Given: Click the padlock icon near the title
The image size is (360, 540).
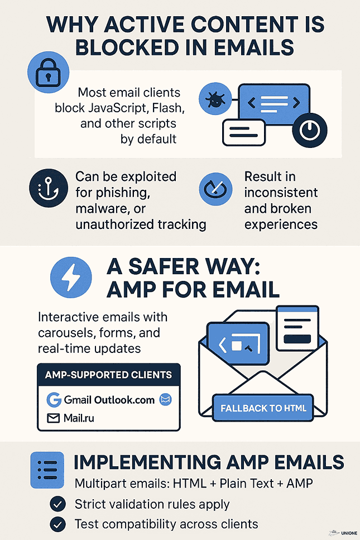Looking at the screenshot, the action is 48,73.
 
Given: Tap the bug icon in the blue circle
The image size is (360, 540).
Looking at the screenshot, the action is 215,99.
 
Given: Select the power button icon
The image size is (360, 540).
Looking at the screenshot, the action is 309,130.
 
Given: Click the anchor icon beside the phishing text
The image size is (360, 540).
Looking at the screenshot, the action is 49,188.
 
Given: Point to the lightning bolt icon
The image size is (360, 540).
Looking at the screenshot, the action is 71,277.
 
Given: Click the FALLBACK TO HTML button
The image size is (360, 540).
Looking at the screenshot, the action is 263,408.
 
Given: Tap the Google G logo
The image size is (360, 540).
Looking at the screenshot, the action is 54,400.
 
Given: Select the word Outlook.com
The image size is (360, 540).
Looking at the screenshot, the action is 124,400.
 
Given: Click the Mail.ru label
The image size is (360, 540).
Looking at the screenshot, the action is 79,418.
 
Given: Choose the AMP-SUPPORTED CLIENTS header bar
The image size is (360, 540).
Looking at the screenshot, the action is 109,374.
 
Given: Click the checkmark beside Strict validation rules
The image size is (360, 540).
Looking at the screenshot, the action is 58,504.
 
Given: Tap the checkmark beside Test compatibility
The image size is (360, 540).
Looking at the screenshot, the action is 58,524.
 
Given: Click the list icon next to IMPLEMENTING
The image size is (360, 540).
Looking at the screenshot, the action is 47,470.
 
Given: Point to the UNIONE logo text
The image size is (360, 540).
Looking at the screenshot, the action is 349,533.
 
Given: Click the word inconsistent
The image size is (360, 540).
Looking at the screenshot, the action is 281,193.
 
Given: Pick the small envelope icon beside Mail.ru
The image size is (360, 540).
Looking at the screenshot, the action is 54,418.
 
